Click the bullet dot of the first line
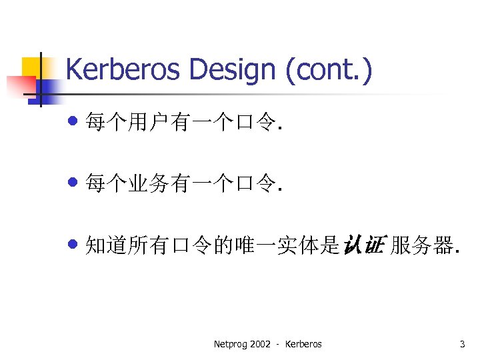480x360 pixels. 73,121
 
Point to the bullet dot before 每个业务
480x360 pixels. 73,183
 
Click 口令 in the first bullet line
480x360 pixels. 255,123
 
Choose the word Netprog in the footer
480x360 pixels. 229,344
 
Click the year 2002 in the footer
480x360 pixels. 260,344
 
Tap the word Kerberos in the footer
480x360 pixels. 303,344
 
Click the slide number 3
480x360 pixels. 462,344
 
